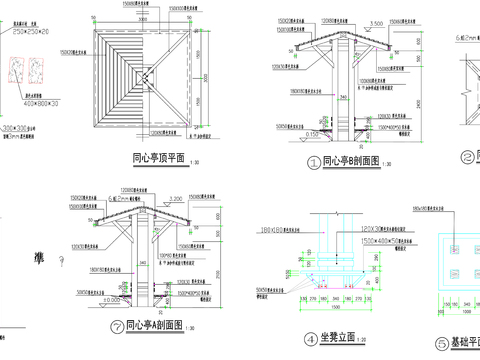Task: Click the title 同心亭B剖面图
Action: click(356, 160)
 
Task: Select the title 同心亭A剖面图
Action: click(159, 325)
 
